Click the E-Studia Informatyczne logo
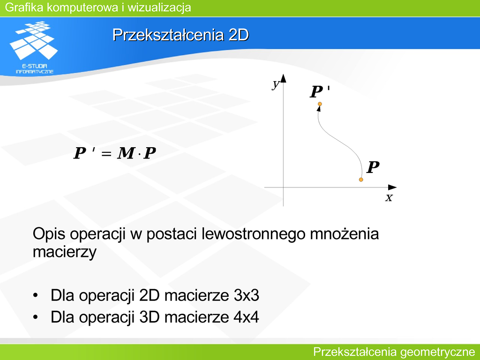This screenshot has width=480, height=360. click(x=34, y=47)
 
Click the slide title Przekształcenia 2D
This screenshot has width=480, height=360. click(x=180, y=35)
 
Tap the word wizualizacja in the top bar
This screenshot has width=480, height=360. click(x=159, y=7)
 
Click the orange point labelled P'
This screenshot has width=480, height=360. click(x=320, y=104)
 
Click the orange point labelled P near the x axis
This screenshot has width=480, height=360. click(x=361, y=180)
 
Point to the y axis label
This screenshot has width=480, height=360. click(x=276, y=84)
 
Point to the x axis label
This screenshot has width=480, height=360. click(x=389, y=198)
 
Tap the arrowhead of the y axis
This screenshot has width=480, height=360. click(x=284, y=78)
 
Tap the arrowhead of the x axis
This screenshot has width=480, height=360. click(x=392, y=187)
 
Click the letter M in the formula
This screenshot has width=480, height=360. click(x=126, y=153)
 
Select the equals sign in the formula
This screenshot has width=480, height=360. click(x=106, y=153)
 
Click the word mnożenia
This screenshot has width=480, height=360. click(x=345, y=234)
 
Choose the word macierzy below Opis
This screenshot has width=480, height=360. click(x=65, y=252)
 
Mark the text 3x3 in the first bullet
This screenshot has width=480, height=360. click(x=247, y=295)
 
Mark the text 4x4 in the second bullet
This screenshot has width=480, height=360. click(x=247, y=317)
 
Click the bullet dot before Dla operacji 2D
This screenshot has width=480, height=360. click(x=36, y=296)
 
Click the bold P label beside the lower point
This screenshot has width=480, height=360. click(x=373, y=167)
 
